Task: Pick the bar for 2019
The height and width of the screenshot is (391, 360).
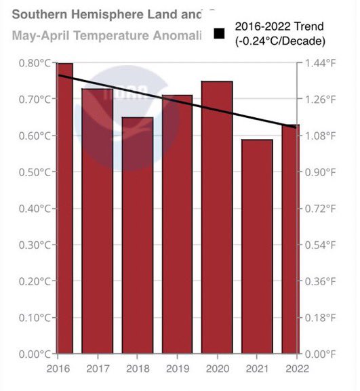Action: tap(178, 224)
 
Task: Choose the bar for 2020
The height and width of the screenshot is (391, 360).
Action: tap(217, 218)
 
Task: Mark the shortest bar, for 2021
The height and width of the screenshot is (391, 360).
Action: tap(257, 247)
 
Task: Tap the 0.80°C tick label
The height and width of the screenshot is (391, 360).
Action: tap(35, 63)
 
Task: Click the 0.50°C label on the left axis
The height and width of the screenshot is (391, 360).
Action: tap(35, 172)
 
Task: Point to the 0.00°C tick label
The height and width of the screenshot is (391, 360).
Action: tap(35, 354)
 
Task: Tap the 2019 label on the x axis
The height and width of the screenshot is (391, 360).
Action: tap(178, 368)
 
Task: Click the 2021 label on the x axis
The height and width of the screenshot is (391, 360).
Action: tap(257, 368)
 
